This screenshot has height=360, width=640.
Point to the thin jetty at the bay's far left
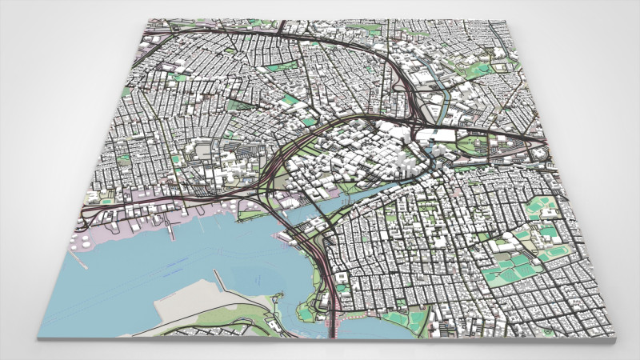tap(170, 232)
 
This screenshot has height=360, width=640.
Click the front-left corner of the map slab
tap(38, 337)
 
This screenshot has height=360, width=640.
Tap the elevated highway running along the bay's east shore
tap(324, 264)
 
